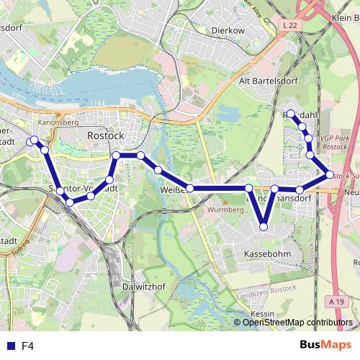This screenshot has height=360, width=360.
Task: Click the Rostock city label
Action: (105, 135)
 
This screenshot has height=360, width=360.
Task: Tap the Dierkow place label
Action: (229, 31)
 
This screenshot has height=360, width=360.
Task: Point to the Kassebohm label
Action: (267, 255)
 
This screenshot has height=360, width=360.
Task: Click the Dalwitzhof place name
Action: (145, 286)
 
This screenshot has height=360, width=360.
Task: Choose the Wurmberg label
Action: (225, 210)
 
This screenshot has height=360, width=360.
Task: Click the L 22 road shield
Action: (289, 25)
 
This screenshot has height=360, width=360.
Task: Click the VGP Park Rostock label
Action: (334, 142)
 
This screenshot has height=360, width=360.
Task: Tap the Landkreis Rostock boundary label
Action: (267, 290)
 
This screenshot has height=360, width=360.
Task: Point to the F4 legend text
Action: (28, 346)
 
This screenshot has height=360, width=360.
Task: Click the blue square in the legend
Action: (9, 346)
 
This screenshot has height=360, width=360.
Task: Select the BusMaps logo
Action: (325, 345)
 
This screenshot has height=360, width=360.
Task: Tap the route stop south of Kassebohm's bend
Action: (264, 227)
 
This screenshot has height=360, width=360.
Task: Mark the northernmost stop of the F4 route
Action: (291, 114)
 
